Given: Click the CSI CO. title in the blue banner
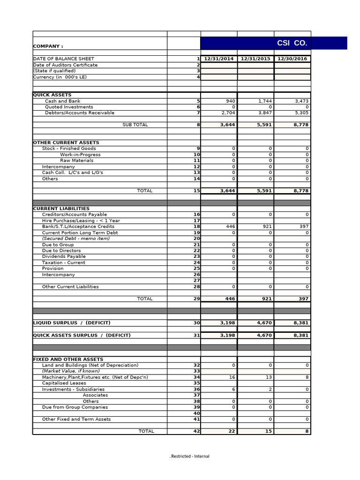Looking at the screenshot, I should point(292,44).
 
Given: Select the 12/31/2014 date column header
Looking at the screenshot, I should point(219,59).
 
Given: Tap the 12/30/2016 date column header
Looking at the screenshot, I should point(292,59).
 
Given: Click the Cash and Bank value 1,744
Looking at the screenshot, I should point(265,101).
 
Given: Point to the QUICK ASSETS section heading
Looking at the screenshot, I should point(52,95).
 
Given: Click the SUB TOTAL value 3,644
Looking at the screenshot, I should point(228,125).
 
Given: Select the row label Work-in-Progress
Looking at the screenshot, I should point(80,155).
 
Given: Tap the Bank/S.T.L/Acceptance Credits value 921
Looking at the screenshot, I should point(267,227).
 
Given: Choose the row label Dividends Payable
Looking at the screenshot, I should point(64,257).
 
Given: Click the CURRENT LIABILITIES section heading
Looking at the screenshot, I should point(61,209).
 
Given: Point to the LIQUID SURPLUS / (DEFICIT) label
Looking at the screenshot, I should point(72,323).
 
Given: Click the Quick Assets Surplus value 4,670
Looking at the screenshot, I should point(264,336).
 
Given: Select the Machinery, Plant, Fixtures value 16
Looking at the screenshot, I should point(232,377).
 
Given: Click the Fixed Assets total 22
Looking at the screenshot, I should point(232,432).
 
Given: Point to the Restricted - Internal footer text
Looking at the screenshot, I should point(189,457).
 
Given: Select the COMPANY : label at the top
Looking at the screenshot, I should point(48,46).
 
